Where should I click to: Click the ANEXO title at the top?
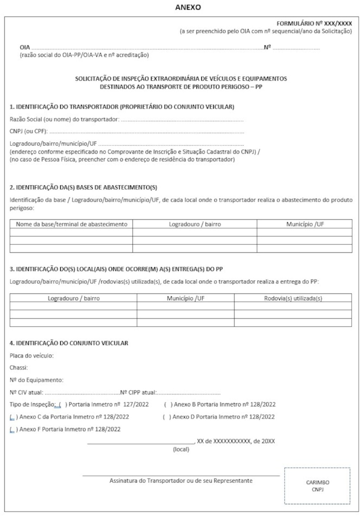tap(188, 7)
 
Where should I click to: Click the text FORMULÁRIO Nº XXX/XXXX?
tap(314, 24)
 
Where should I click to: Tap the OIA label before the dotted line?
tap(25, 47)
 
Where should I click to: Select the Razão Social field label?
tap(64, 119)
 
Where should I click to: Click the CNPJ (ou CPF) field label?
tap(28, 132)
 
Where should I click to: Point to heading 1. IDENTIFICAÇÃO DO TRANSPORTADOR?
tap(122, 107)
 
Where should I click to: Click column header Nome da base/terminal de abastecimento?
tap(71, 224)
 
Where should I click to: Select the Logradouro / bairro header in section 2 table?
tap(195, 224)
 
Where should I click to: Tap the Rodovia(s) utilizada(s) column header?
tap(293, 298)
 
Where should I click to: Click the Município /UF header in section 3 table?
tap(185, 298)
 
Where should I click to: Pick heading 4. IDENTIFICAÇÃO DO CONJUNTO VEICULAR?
tap(69, 343)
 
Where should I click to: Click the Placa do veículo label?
tap(32, 356)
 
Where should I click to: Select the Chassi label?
tap(19, 368)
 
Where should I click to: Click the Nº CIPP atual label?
tap(138, 393)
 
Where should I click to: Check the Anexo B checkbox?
tap(168, 404)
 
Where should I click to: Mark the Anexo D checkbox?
tap(167, 417)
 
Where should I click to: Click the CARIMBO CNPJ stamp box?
tap(317, 486)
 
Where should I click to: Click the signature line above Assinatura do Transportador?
tap(181, 476)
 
